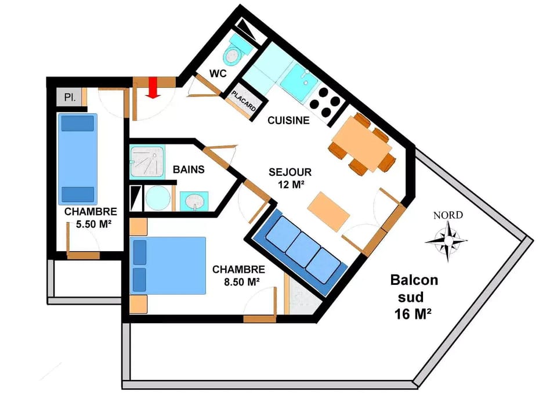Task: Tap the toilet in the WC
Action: pyautogui.click(x=234, y=50)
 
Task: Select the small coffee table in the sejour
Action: pyautogui.click(x=329, y=210)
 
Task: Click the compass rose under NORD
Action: pyautogui.click(x=447, y=240)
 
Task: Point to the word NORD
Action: pyautogui.click(x=448, y=215)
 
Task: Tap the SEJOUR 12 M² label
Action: pyautogui.click(x=290, y=178)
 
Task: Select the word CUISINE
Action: pyautogui.click(x=288, y=121)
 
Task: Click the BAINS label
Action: pyautogui.click(x=189, y=169)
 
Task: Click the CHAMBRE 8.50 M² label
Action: pyautogui.click(x=238, y=275)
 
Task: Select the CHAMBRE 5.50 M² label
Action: pyautogui.click(x=91, y=218)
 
